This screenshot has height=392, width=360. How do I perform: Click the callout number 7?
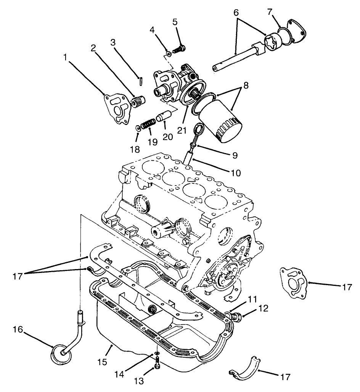tap(270, 12)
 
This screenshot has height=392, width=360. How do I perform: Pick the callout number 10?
tap(236, 173)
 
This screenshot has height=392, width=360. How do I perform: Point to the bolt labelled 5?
tap(179, 49)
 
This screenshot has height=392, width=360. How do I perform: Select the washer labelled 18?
tap(138, 127)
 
